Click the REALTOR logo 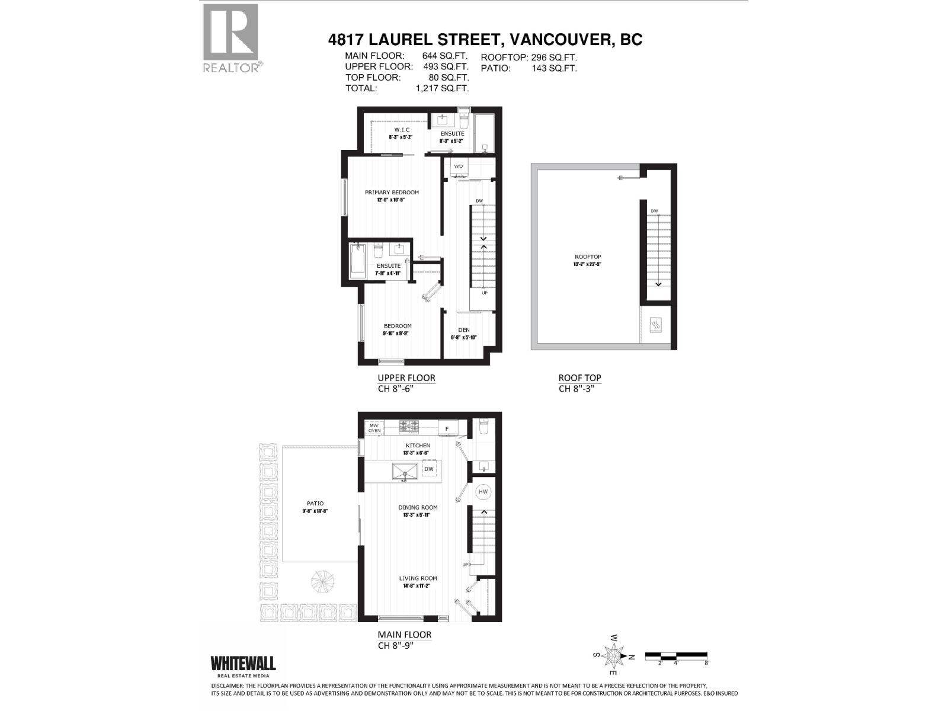click(x=231, y=38)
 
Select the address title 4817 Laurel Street click(x=485, y=40)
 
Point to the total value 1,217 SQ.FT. click(x=442, y=88)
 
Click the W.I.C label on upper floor click(x=402, y=130)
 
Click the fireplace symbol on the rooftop click(x=656, y=325)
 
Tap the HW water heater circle click(x=483, y=492)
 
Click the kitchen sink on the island click(x=405, y=472)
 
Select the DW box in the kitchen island click(x=429, y=469)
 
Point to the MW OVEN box click(x=374, y=428)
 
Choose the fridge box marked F click(x=447, y=428)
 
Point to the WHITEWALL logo click(x=243, y=665)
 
